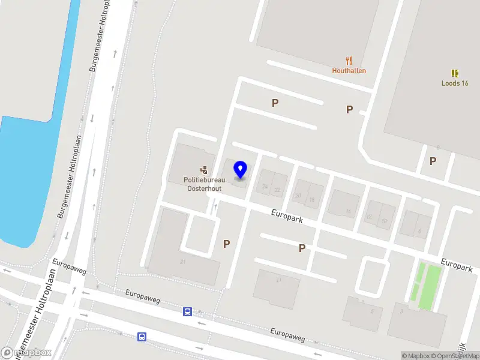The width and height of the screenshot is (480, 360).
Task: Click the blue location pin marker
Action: coord(241,169)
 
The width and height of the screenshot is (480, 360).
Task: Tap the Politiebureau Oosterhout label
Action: coord(203,184)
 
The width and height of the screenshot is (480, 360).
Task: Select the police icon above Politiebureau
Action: coord(203,170)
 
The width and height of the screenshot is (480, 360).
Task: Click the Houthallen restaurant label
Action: coord(349,70)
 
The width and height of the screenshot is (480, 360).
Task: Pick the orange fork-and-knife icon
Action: coord(349,61)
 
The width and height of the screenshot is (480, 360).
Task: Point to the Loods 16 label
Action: coord(455,83)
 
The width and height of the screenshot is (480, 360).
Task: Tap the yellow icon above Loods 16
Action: coord(455,73)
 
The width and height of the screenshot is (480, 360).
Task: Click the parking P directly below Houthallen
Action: coord(349,109)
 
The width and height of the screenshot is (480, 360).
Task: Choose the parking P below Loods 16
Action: coord(433,161)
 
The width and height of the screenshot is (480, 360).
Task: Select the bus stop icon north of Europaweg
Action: coord(188,311)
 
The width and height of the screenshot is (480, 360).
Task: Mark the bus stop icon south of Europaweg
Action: coord(142,337)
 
